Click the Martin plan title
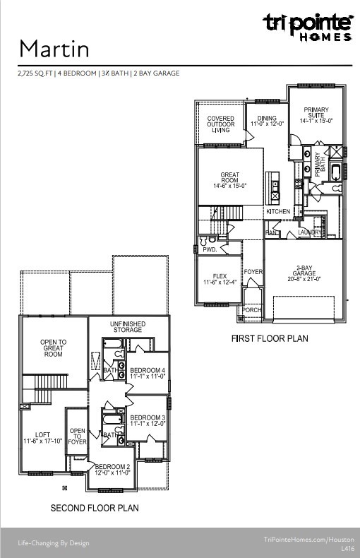point(54,49)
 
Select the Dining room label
point(267,121)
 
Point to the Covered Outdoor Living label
point(220,124)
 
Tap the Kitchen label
point(278,212)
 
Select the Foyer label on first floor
point(253,272)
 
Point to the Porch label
point(251,310)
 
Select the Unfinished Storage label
point(128,326)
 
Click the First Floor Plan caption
point(270,338)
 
